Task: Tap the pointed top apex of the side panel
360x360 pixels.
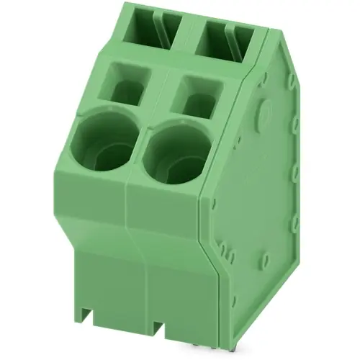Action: (x=272, y=32)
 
